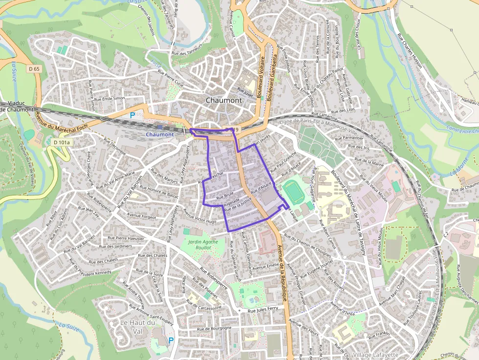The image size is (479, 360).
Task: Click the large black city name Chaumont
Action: (223, 100)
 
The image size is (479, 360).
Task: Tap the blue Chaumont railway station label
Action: (159, 134)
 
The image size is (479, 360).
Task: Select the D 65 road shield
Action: (34, 69)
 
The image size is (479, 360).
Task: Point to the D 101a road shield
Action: (62, 142)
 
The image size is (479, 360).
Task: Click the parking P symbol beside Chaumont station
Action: (132, 116)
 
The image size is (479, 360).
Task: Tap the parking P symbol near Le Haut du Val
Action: (171, 340)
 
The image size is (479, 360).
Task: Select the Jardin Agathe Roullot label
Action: (203, 245)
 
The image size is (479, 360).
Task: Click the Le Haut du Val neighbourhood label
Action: (137, 327)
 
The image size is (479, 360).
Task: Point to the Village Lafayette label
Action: (375, 355)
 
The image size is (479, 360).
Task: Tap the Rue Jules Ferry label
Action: (263, 310)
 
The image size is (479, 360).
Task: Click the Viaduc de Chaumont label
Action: (18, 106)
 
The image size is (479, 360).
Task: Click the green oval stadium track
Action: (293, 192)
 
